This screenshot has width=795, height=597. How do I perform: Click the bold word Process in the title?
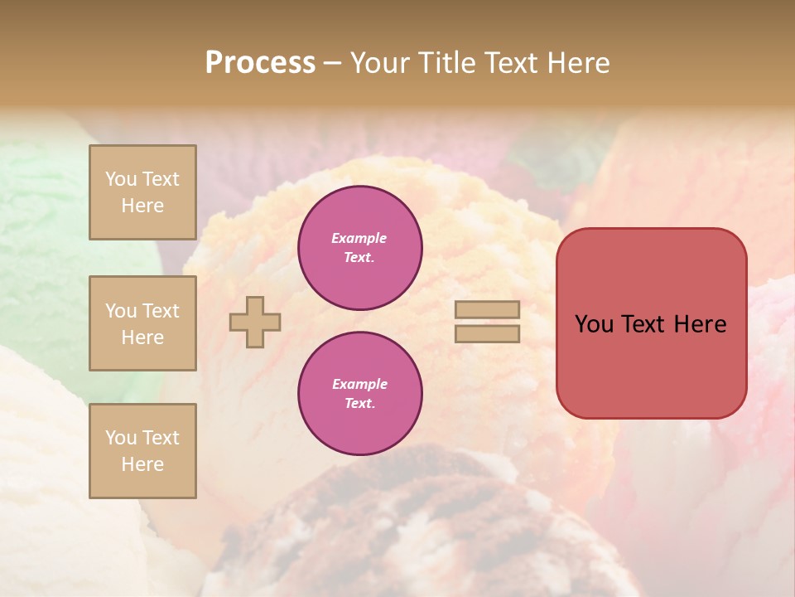(260, 63)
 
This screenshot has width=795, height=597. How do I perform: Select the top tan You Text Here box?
(142, 192)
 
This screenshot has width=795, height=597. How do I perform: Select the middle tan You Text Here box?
(142, 323)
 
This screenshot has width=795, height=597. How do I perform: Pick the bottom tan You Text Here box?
(142, 451)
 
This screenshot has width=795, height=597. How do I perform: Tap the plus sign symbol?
(255, 322)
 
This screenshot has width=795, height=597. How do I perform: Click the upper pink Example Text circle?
(359, 248)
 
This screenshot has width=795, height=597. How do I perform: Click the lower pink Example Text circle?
(359, 394)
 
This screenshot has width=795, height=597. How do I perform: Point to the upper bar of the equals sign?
(487, 309)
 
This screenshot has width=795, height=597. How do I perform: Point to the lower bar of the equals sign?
(487, 333)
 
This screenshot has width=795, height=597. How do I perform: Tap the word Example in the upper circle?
(359, 239)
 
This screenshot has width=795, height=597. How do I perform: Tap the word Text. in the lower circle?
(359, 404)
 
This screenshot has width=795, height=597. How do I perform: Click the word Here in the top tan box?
(142, 206)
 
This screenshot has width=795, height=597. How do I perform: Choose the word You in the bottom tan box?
(120, 438)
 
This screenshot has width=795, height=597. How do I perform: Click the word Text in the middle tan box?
(160, 311)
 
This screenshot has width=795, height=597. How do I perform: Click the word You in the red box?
(594, 324)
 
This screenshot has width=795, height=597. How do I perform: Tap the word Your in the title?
(380, 63)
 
